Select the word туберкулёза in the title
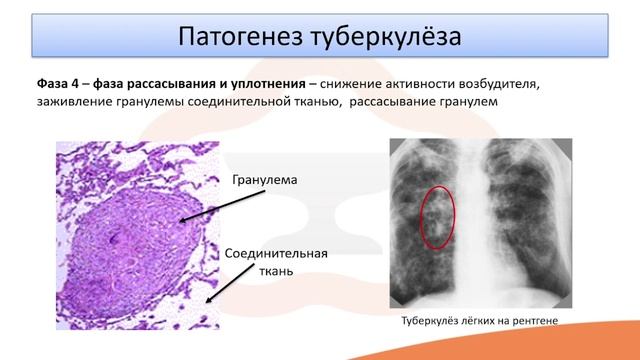387,37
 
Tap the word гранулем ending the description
466,102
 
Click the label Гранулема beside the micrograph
266,181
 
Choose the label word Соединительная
277,254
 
